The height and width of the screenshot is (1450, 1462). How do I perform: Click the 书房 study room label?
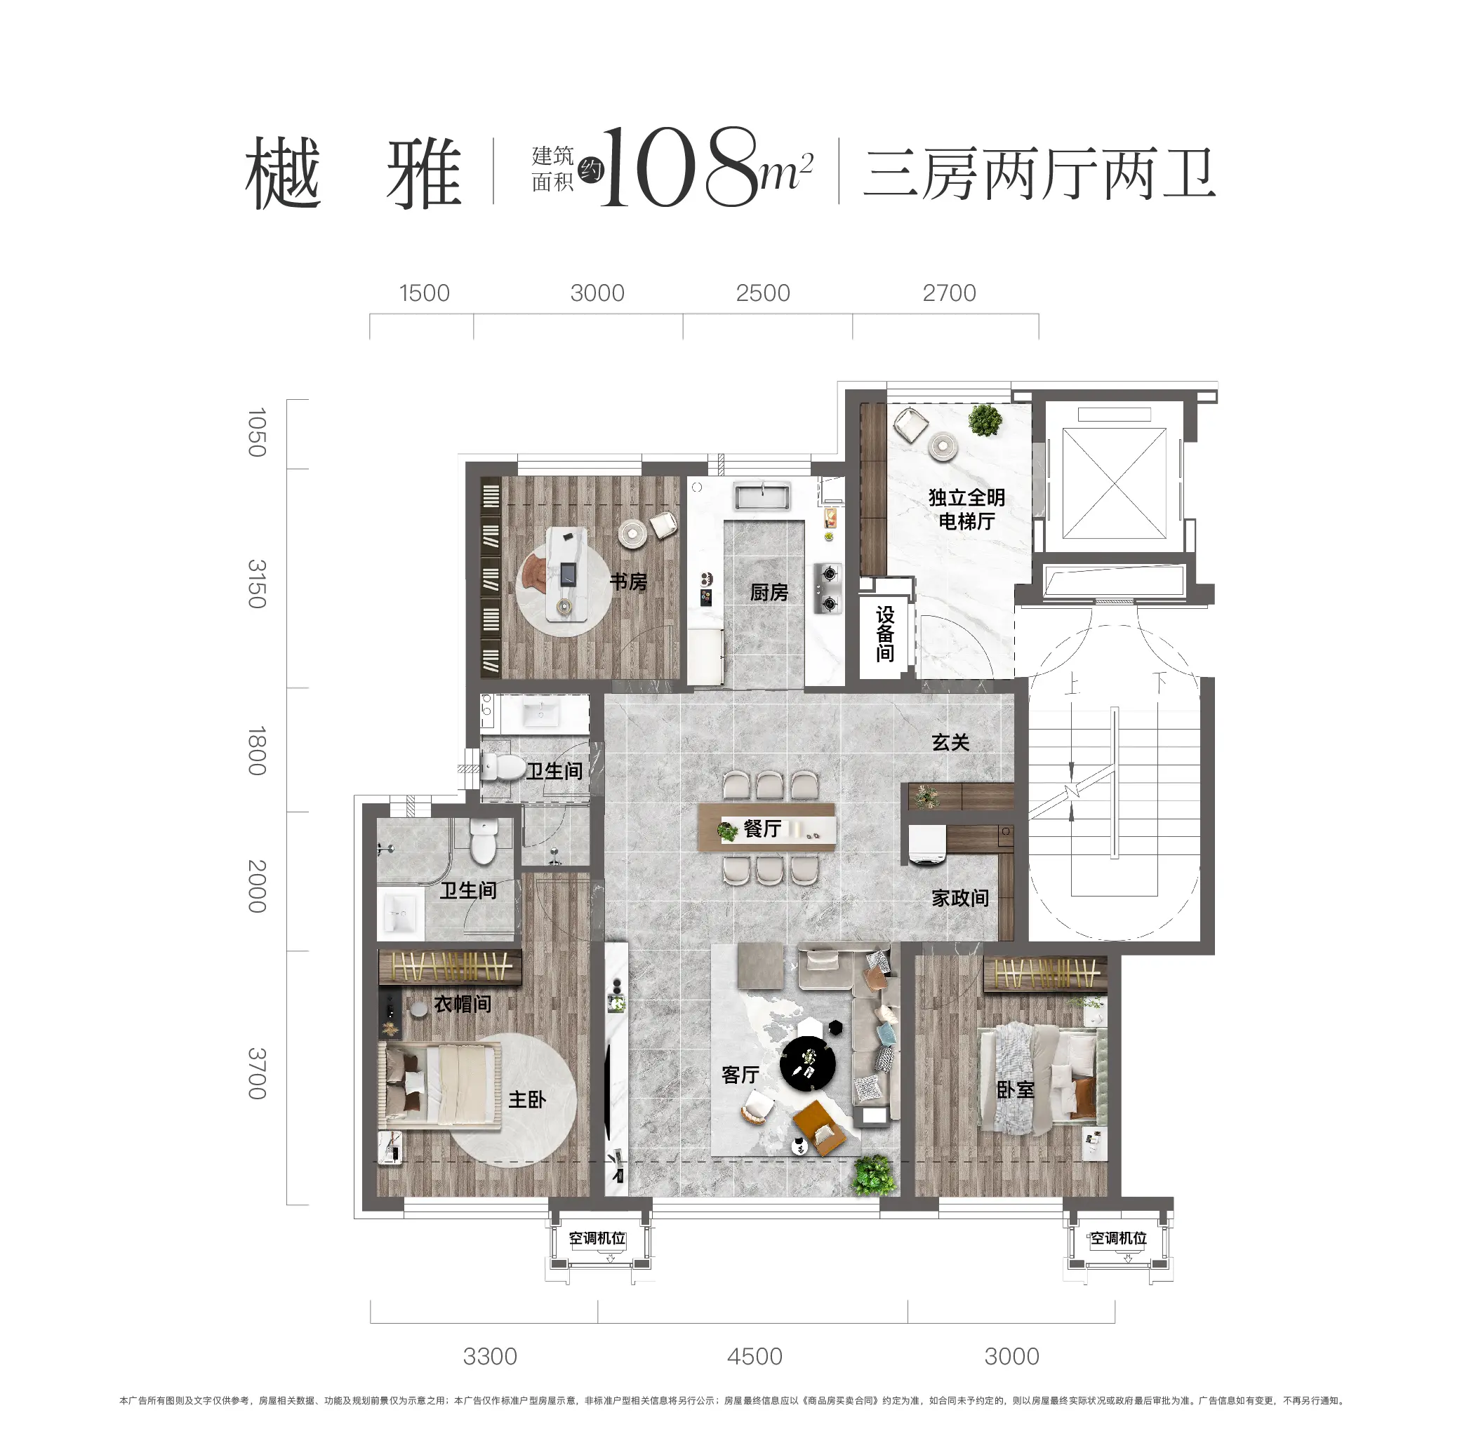pos(628,582)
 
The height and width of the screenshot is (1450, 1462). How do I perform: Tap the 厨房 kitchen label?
pos(769,592)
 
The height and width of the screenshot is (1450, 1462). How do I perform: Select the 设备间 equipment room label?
pos(884,634)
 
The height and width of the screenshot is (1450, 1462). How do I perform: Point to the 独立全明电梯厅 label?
pos(966,509)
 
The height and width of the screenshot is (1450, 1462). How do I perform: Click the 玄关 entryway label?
pos(950,742)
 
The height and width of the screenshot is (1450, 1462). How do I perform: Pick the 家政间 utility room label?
pos(959,898)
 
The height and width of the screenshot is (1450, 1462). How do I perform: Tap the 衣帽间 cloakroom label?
pos(463,1004)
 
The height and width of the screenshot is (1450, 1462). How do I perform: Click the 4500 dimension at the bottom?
pos(754,1356)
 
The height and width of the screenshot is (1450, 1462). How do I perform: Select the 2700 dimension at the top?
pos(948,293)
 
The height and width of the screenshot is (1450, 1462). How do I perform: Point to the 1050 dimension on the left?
pos(258,432)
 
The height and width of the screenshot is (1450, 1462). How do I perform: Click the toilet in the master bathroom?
pos(482,841)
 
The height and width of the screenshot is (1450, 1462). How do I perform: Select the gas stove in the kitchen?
pos(829,588)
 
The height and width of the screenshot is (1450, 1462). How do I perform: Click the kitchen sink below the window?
pos(762,496)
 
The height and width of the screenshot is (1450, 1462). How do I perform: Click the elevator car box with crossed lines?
pos(1114,483)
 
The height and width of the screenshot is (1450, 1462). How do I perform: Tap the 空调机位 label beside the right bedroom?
pos(1117,1238)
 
